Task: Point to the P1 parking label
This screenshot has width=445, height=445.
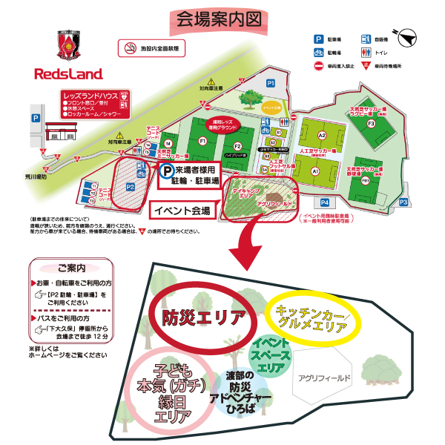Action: tap(271, 83)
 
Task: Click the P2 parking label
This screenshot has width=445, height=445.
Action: tap(129, 187)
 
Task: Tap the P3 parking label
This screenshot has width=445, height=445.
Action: tap(403, 202)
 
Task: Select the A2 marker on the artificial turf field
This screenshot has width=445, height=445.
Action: tap(322, 136)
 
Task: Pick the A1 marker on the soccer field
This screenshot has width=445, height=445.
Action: tap(315, 171)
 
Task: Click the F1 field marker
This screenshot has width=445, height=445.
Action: tap(202, 140)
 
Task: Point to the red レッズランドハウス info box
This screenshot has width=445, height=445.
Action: tap(96, 105)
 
